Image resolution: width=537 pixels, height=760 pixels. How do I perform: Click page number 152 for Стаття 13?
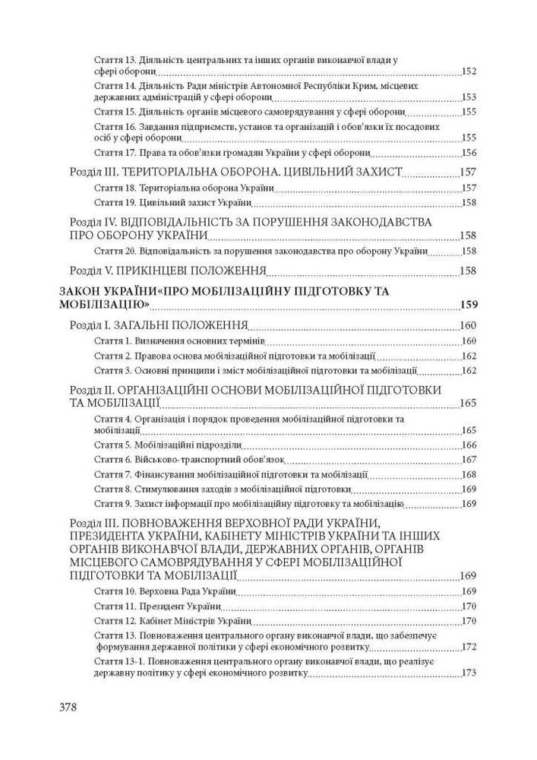click(469, 71)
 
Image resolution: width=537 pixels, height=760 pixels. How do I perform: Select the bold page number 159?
click(469, 306)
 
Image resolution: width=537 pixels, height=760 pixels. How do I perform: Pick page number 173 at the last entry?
click(469, 673)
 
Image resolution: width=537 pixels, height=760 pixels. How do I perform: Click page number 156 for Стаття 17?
click(469, 153)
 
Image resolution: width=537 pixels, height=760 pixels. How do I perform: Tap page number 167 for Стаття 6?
click(469, 460)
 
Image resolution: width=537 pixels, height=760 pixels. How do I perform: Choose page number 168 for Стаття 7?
click(469, 474)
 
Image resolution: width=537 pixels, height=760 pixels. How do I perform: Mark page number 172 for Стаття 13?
click(469, 648)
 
